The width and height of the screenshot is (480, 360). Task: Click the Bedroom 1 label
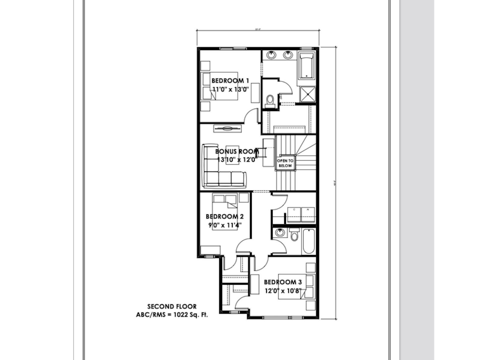pyautogui.click(x=230, y=81)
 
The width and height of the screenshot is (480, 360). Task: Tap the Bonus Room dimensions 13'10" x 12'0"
pyautogui.click(x=237, y=160)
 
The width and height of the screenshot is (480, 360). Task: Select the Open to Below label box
pyautogui.click(x=285, y=163)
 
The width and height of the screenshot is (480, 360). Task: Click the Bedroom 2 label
pyautogui.click(x=224, y=217)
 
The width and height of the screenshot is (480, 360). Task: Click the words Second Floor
pyautogui.click(x=172, y=307)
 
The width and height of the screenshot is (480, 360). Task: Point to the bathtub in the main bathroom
pyautogui.click(x=308, y=241)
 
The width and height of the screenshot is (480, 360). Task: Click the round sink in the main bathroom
pyautogui.click(x=280, y=232)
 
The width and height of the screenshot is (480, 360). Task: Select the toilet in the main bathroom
pyautogui.click(x=294, y=235)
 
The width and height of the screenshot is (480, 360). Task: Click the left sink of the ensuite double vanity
pyautogui.click(x=271, y=55)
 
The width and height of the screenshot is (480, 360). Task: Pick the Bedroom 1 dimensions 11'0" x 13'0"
pyautogui.click(x=231, y=89)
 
